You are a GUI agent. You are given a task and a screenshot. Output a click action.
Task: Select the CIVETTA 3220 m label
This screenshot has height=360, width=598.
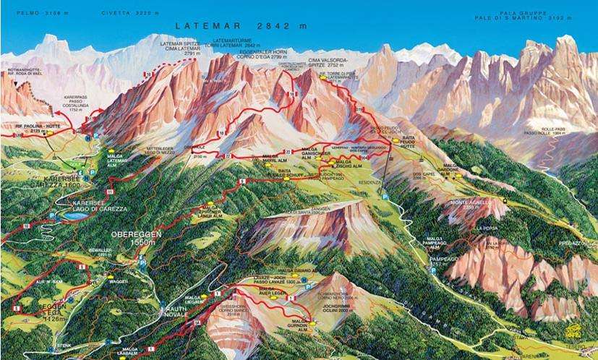pos(131,12)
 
